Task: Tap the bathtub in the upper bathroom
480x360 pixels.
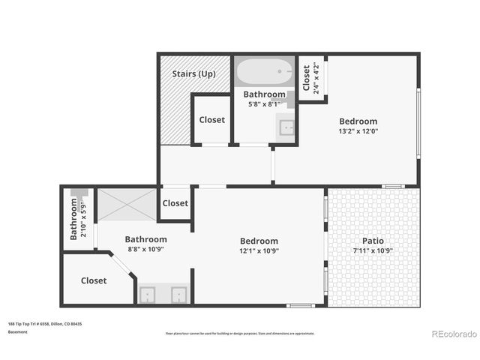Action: click(x=265, y=73)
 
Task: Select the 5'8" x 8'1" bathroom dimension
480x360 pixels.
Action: click(x=265, y=104)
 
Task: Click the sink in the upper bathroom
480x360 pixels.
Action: click(x=287, y=128)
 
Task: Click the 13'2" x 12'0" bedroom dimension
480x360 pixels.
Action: click(x=358, y=130)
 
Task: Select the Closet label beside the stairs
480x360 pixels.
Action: click(x=211, y=120)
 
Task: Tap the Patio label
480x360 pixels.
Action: click(x=373, y=241)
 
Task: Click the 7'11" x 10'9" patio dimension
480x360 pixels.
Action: click(x=373, y=250)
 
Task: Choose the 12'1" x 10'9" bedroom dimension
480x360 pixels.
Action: click(x=259, y=250)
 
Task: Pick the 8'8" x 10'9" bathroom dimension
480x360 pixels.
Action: click(x=145, y=249)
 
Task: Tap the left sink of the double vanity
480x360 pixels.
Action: click(x=148, y=295)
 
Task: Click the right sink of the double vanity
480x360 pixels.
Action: click(x=178, y=295)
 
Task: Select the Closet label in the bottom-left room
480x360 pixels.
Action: click(x=94, y=280)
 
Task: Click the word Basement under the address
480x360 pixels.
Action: click(x=17, y=331)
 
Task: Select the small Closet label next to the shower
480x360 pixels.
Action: click(x=175, y=203)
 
